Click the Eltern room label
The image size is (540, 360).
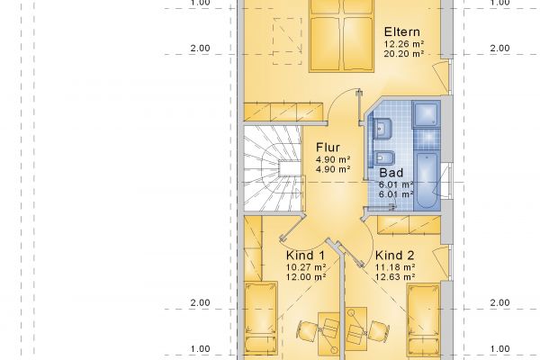[402, 31]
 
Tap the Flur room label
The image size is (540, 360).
[328, 148]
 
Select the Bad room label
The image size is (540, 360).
[391, 173]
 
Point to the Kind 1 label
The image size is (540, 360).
[305, 256]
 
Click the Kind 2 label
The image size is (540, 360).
[395, 256]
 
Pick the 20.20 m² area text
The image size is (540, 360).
[404, 54]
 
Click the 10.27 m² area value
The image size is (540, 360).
[306, 267]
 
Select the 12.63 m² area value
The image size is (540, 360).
[395, 276]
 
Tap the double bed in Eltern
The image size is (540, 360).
[342, 36]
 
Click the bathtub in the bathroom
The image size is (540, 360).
[427, 180]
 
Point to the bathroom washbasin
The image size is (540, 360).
[382, 129]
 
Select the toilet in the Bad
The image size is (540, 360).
[383, 158]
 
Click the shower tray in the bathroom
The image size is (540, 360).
[427, 113]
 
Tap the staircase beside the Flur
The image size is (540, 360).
[273, 169]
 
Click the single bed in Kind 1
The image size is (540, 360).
[261, 319]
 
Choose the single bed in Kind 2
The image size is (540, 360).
[424, 320]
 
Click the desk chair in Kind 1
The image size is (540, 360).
[307, 330]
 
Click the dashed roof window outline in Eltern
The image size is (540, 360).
[288, 41]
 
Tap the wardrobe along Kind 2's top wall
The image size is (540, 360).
[409, 225]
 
